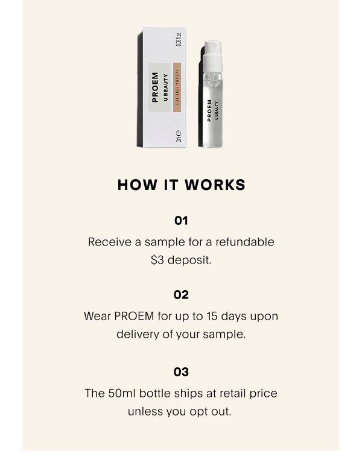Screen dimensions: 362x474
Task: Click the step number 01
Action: (181, 221)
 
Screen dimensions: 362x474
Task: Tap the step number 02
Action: (181, 295)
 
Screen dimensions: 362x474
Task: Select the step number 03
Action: (181, 372)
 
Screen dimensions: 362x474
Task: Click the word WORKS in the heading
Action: (215, 185)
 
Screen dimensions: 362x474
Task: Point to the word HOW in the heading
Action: (138, 185)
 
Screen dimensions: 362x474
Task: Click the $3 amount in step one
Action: (157, 260)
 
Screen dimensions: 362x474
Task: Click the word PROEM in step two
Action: (134, 316)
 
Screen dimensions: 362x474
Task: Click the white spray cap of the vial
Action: (213, 56)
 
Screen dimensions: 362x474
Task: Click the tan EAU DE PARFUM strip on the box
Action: (177, 87)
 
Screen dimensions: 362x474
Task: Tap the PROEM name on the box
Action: (155, 87)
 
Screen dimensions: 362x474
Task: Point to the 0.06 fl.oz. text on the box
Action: (179, 39)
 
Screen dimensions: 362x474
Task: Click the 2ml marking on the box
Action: (179, 136)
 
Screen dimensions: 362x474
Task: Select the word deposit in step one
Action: (189, 260)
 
